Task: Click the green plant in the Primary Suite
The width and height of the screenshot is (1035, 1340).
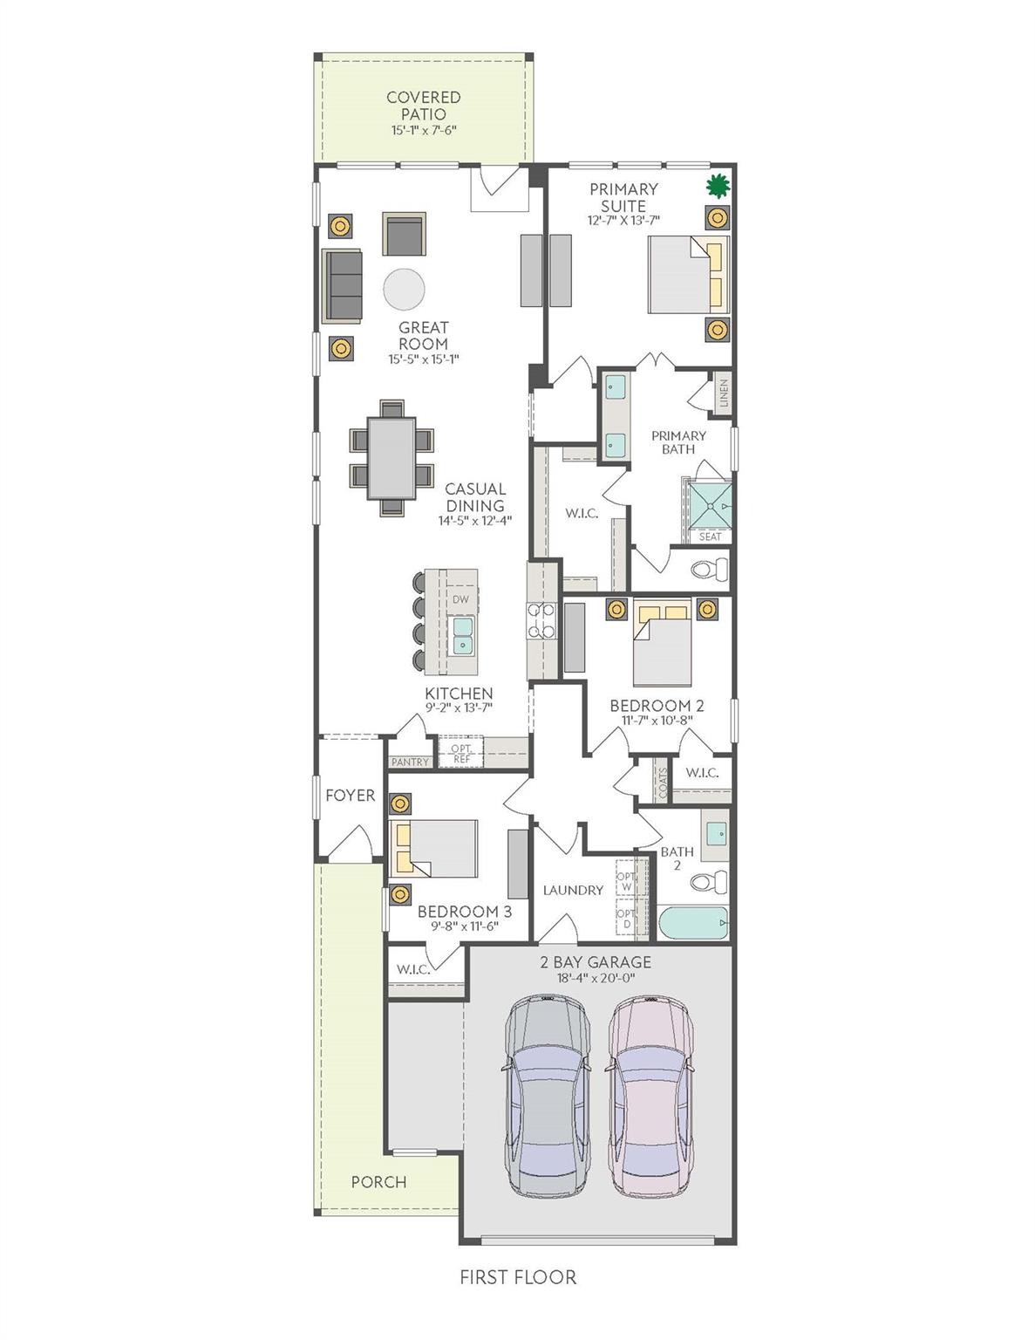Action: point(717,185)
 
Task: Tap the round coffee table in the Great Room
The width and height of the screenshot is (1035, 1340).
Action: point(405,288)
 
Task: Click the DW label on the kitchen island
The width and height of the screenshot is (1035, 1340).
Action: point(460,599)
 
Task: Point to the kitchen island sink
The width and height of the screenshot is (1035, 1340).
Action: point(461,635)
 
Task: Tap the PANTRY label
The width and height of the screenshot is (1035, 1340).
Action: point(410,762)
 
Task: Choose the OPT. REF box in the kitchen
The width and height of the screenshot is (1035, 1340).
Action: point(460,754)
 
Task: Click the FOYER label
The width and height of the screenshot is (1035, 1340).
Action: point(350,795)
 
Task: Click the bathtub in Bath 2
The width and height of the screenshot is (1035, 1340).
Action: point(693,923)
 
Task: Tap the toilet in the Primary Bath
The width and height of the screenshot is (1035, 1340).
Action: point(709,571)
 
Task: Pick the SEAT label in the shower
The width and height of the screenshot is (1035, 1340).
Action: point(710,537)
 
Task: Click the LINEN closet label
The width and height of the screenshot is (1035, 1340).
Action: point(724,393)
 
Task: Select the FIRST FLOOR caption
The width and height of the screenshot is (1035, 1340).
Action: point(518,1277)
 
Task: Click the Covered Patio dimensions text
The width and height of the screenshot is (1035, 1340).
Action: point(424,130)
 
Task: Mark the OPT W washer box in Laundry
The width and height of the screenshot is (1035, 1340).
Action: point(626,881)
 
